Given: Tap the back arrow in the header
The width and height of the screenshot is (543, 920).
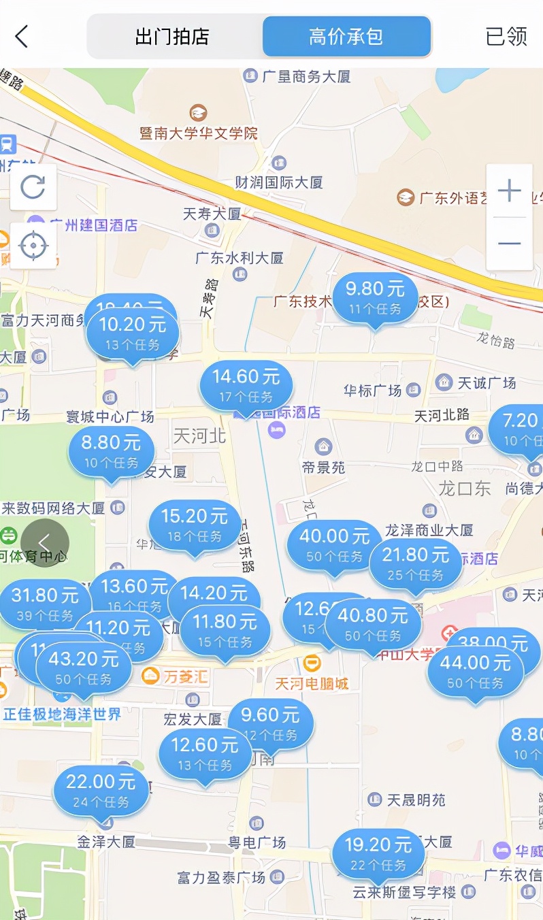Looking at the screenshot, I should click(22, 36).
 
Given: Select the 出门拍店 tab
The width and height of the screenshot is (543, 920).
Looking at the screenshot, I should click(172, 37).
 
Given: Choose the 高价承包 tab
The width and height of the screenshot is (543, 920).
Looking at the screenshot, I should click(346, 37).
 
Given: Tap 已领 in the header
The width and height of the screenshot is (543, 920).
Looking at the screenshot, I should click(506, 37).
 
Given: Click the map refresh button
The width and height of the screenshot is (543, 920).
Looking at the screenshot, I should click(33, 186).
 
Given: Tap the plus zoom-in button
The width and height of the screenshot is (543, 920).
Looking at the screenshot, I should click(509, 191).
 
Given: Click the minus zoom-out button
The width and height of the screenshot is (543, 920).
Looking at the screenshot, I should click(509, 244).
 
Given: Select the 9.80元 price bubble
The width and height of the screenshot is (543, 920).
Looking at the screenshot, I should click(375, 298).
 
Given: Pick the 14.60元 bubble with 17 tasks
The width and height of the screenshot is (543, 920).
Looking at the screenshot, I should click(246, 385).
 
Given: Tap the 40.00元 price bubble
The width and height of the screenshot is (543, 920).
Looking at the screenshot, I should click(334, 546).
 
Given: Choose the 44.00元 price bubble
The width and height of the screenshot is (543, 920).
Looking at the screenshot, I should click(475, 671).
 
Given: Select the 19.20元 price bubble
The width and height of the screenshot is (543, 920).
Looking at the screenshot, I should click(378, 854).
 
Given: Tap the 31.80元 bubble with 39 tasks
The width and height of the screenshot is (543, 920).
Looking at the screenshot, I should click(45, 604).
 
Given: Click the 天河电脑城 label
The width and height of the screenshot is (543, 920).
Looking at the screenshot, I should click(312, 684).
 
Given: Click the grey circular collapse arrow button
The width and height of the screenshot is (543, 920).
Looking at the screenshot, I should click(44, 543).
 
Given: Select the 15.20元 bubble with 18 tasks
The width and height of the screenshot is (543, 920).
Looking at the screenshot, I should click(195, 525).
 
